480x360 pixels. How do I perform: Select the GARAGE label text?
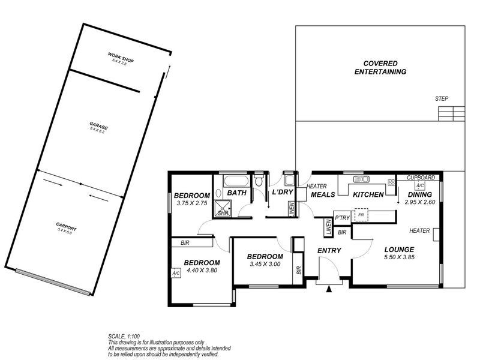98,127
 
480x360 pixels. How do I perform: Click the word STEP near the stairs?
442,99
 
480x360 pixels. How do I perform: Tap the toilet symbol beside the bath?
259,180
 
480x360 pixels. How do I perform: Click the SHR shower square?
223,212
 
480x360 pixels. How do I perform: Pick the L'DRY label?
282,193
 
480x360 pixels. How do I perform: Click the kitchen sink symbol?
361,179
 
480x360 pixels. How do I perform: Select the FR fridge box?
361,215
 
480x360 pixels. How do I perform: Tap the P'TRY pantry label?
342,217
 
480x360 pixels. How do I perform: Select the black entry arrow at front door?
328,289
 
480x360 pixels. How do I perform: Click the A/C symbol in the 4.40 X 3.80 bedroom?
176,274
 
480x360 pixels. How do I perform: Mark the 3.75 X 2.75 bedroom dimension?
191,203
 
